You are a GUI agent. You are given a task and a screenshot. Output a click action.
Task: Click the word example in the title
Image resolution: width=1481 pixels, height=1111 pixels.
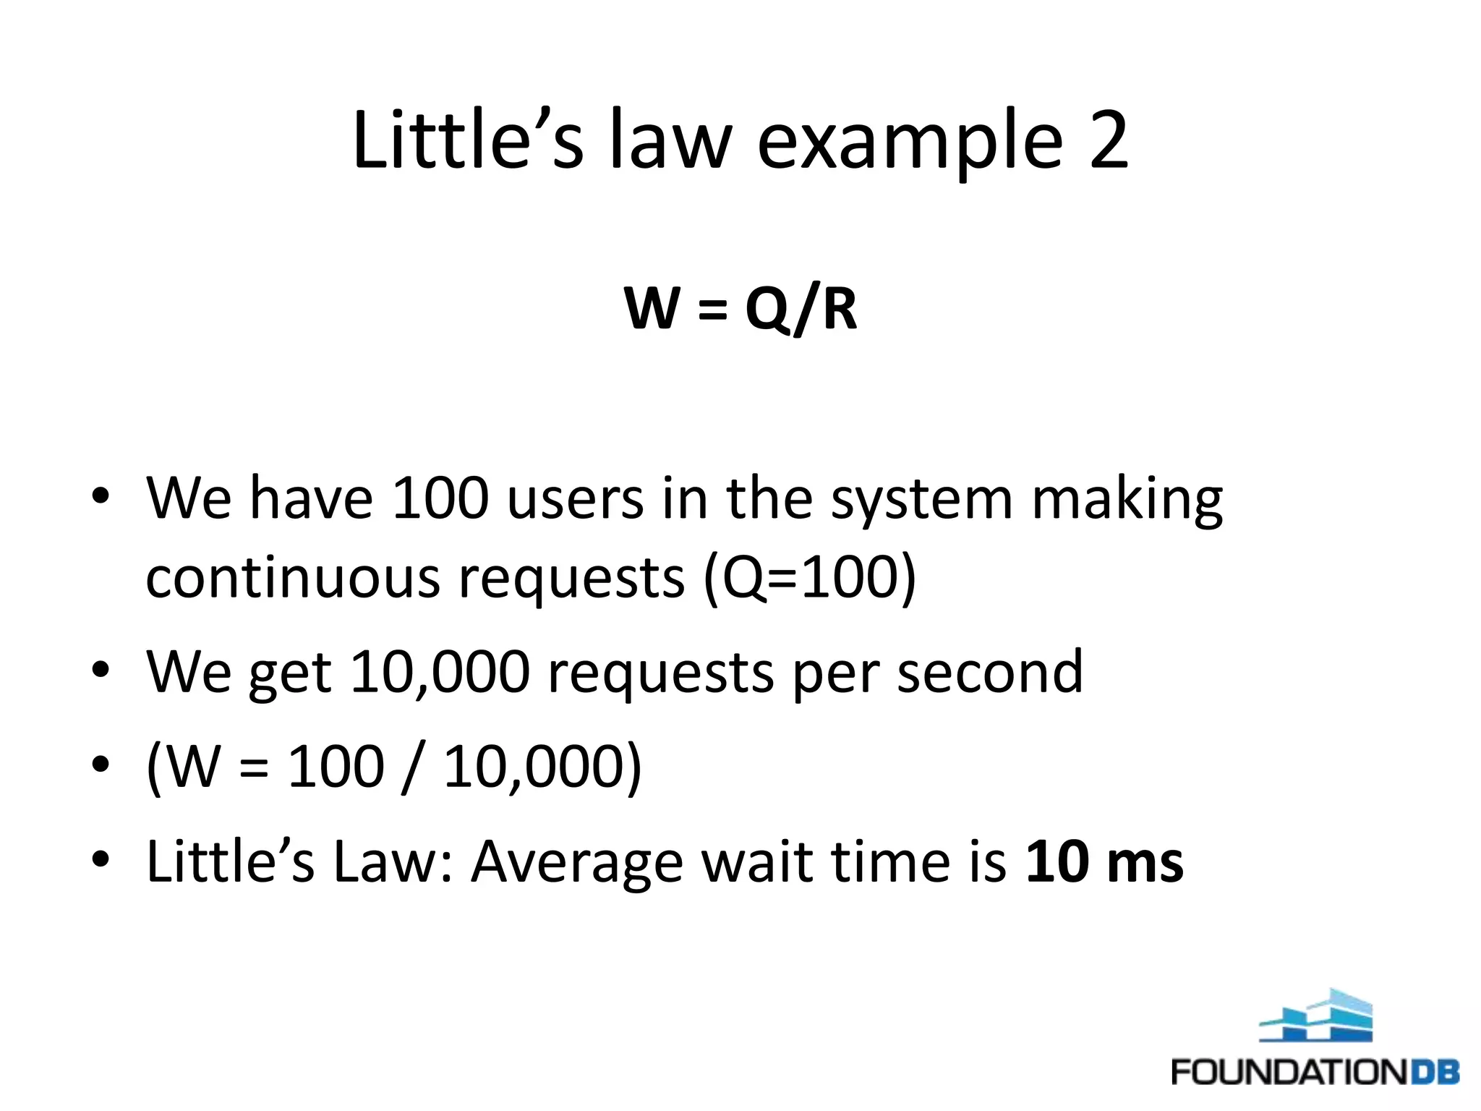click(x=910, y=142)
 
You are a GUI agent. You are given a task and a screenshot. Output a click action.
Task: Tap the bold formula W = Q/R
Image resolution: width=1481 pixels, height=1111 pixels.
click(x=740, y=309)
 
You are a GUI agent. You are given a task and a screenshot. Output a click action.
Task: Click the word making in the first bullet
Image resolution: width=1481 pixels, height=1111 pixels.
click(x=1127, y=501)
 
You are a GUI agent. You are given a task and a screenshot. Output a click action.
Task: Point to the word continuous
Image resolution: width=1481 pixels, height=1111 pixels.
click(x=292, y=578)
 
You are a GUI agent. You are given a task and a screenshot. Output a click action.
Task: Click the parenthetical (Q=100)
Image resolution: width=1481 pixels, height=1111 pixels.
click(x=809, y=579)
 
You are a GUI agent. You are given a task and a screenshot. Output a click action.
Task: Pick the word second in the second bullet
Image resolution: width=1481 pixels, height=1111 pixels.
click(x=990, y=672)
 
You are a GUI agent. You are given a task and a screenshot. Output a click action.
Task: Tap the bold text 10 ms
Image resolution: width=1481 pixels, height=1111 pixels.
click(x=1104, y=861)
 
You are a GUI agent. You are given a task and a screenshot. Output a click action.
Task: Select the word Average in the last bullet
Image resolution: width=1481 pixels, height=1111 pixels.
click(x=577, y=863)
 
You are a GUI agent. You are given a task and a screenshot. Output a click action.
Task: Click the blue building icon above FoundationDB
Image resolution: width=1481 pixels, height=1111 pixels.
click(x=1315, y=1017)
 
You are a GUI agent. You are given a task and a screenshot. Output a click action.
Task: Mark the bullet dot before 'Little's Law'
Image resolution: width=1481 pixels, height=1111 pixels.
click(x=101, y=859)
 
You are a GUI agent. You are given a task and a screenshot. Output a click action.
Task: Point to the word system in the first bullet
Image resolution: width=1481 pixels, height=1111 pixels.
click(x=921, y=501)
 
